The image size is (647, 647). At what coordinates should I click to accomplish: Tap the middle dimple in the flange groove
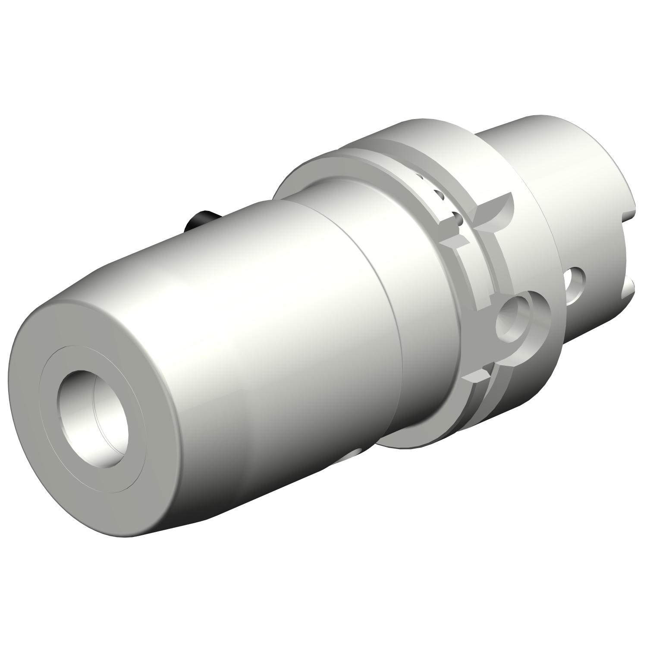tap(440, 194)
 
